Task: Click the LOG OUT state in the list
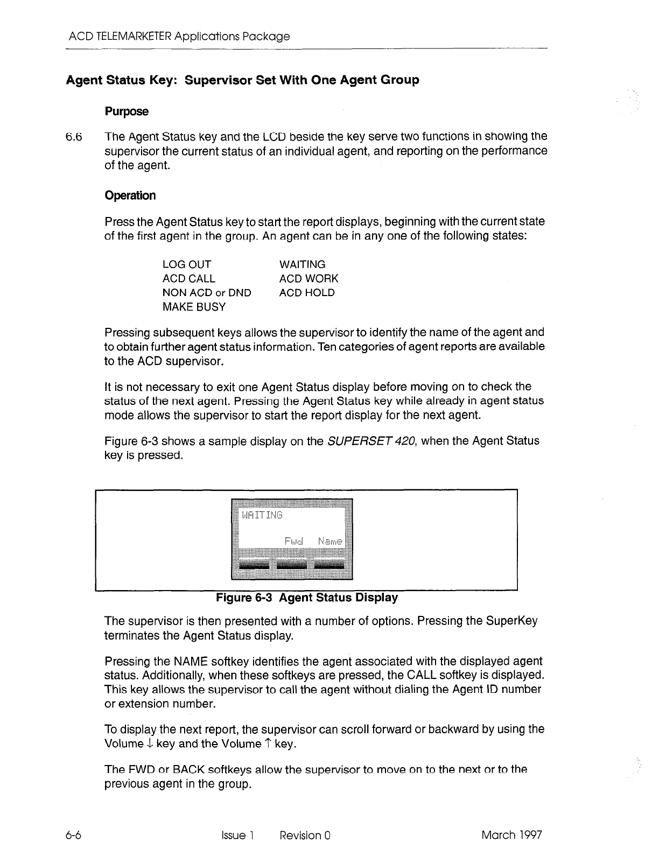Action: click(186, 264)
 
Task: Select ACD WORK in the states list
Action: click(309, 279)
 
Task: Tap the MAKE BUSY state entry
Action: click(194, 307)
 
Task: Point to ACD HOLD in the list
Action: click(306, 293)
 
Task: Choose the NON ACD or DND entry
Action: click(206, 293)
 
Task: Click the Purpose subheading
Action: click(127, 111)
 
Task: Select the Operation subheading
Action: click(130, 195)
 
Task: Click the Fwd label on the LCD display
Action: click(294, 540)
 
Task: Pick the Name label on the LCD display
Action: click(329, 540)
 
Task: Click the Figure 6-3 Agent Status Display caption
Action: click(307, 598)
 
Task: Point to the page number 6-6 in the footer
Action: click(73, 835)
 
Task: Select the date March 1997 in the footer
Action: click(511, 835)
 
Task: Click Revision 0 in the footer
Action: click(305, 835)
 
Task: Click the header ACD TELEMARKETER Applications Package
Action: click(179, 37)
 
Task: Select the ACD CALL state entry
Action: click(188, 279)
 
